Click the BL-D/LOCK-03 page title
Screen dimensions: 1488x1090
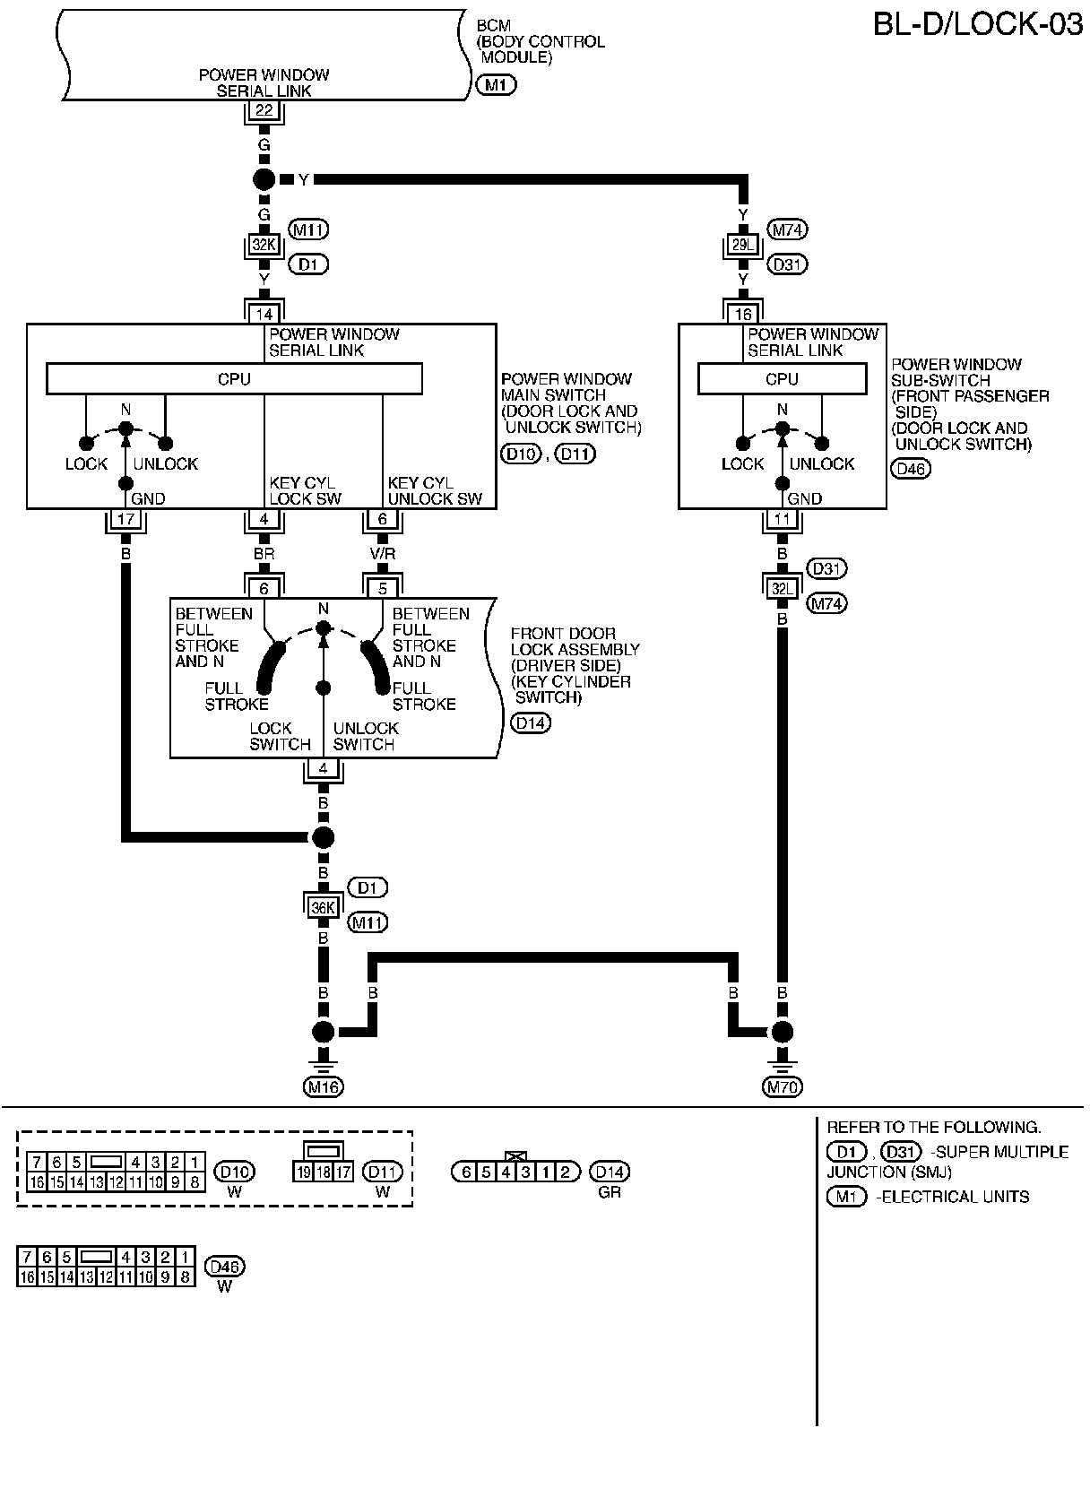click(x=978, y=24)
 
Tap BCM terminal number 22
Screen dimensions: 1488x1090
click(x=264, y=111)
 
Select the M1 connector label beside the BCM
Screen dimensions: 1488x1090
click(x=495, y=85)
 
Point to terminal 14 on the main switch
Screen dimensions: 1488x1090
click(x=264, y=314)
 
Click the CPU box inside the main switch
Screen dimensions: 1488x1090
click(x=234, y=379)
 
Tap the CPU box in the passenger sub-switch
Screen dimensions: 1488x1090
click(x=782, y=379)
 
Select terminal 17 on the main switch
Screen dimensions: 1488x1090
click(x=125, y=519)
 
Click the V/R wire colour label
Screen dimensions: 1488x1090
click(x=383, y=554)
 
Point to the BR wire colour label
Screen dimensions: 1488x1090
click(x=264, y=554)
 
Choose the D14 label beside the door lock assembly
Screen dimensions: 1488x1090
click(x=530, y=722)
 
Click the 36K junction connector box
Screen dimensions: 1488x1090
click(x=323, y=907)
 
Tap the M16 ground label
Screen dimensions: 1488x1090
click(x=324, y=1087)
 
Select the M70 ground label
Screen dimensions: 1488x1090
click(x=783, y=1087)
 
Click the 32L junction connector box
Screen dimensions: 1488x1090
click(x=783, y=588)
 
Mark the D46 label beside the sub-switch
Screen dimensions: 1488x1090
click(x=911, y=468)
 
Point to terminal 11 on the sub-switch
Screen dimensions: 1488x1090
click(x=783, y=519)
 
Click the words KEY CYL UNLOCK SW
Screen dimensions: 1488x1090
click(x=435, y=490)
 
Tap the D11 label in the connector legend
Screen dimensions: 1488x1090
click(x=383, y=1172)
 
